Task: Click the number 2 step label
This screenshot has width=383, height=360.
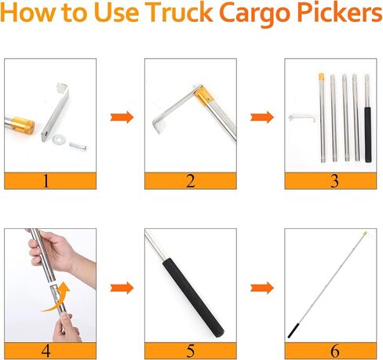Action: pos(190,181)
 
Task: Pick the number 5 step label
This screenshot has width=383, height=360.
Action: pos(190,351)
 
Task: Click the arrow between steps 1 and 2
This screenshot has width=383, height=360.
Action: pos(120,117)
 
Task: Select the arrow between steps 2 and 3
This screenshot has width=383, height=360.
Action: pos(261,117)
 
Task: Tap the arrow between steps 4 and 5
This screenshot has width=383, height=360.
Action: pos(120,286)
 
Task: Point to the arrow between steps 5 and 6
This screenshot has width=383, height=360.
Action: pos(261,286)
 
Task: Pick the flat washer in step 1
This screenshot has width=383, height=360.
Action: pos(60,140)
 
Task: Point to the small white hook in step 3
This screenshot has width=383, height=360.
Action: pos(297,117)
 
